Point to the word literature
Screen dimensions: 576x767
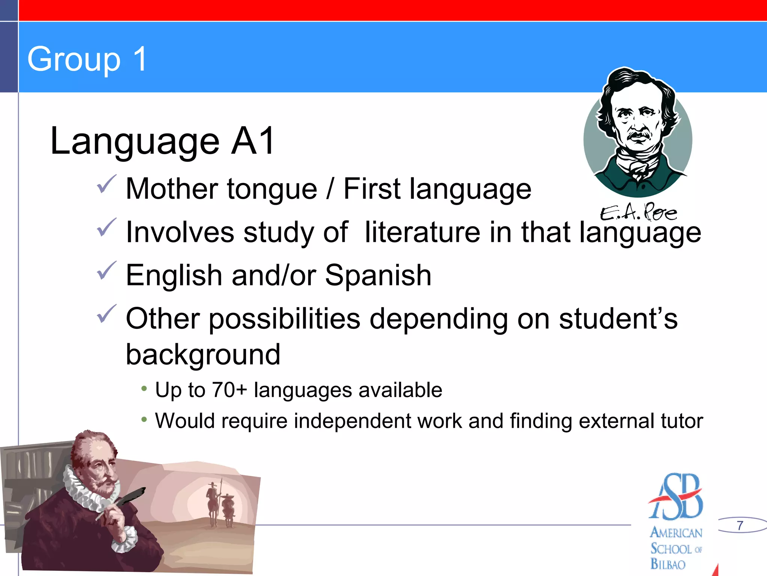[x=422, y=232]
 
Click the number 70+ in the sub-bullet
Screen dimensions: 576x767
[x=229, y=390]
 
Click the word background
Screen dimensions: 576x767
[x=203, y=355]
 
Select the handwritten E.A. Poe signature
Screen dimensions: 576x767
[x=638, y=213]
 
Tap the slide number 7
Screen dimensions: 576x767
[x=740, y=525]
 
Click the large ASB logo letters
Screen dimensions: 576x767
[x=676, y=497]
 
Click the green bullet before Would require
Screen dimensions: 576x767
[x=144, y=420]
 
